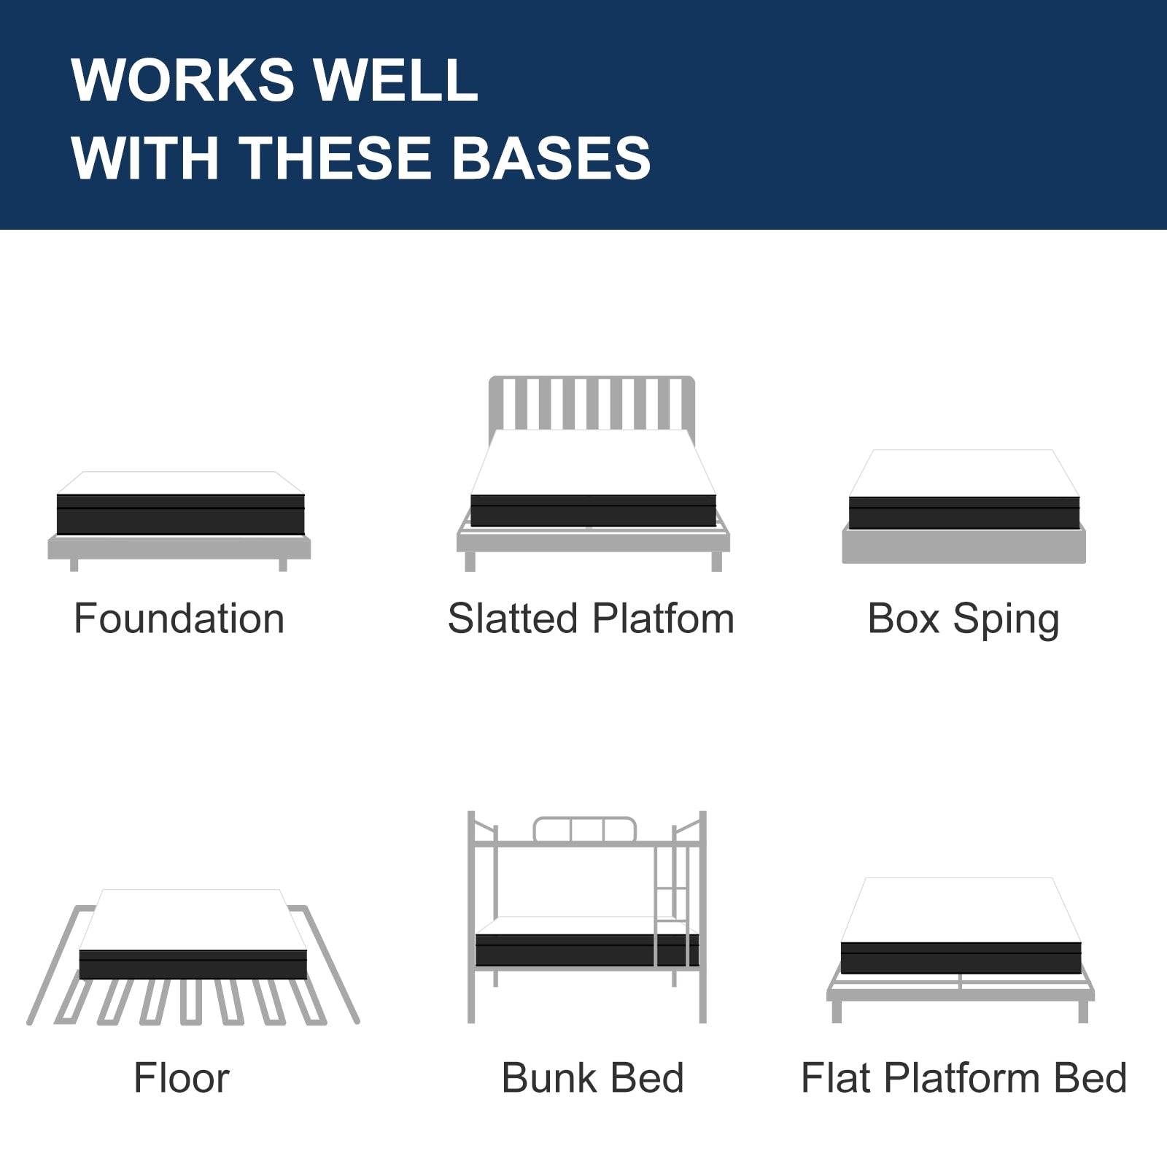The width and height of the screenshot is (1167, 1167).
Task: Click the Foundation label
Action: click(179, 619)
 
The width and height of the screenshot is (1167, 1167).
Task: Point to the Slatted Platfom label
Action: click(591, 619)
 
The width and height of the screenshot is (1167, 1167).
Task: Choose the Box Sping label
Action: click(963, 620)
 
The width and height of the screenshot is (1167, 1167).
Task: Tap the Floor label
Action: click(182, 1077)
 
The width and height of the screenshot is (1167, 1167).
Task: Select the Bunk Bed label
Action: click(592, 1077)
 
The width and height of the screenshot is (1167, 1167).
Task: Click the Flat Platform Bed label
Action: click(964, 1077)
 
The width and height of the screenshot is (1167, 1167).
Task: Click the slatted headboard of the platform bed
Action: click(592, 403)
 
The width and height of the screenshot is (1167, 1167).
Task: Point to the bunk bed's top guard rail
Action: click(584, 830)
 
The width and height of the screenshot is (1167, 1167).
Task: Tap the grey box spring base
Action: click(964, 546)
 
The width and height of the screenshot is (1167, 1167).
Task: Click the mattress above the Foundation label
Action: click(180, 511)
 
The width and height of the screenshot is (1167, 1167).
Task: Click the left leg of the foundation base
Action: click(74, 565)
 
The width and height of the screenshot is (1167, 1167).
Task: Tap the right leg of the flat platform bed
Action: click(1082, 1011)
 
